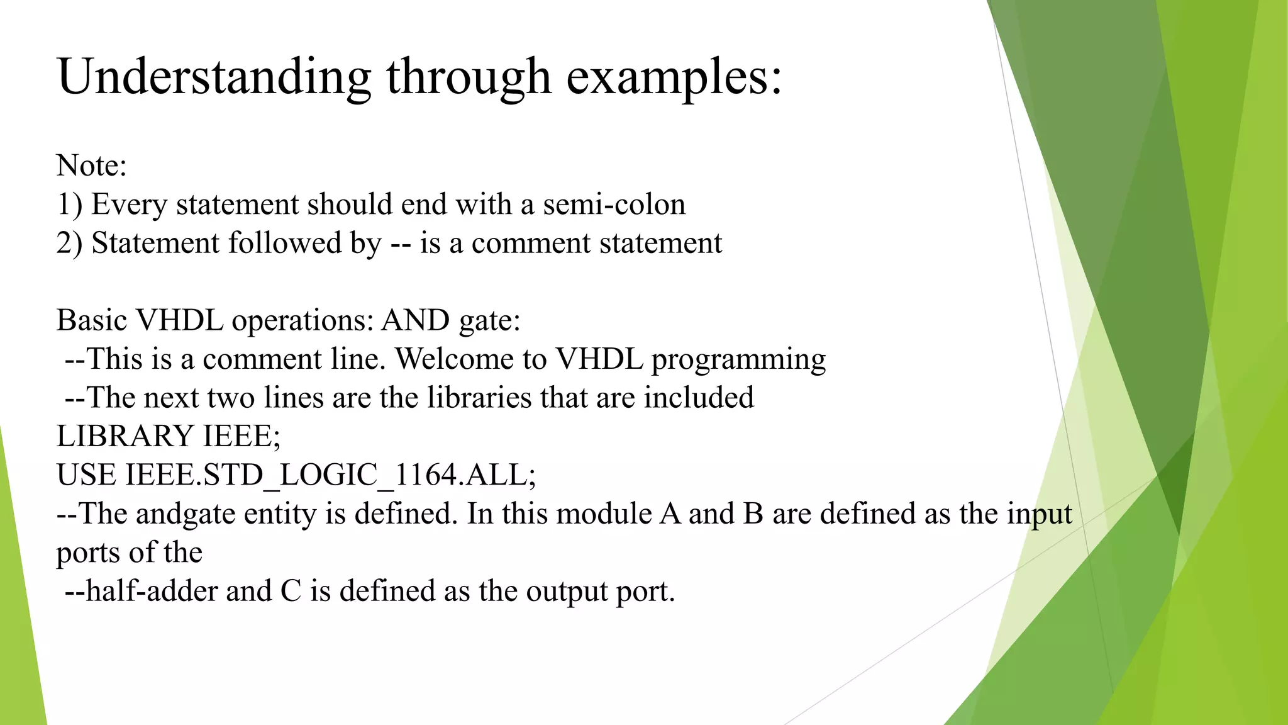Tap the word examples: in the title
674,77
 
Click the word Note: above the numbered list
92,166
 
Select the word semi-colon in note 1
614,205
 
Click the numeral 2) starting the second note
69,243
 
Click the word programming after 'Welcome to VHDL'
738,359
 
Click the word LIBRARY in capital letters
125,436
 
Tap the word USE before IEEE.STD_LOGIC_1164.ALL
86,475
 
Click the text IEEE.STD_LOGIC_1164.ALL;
331,475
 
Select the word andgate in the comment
186,514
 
